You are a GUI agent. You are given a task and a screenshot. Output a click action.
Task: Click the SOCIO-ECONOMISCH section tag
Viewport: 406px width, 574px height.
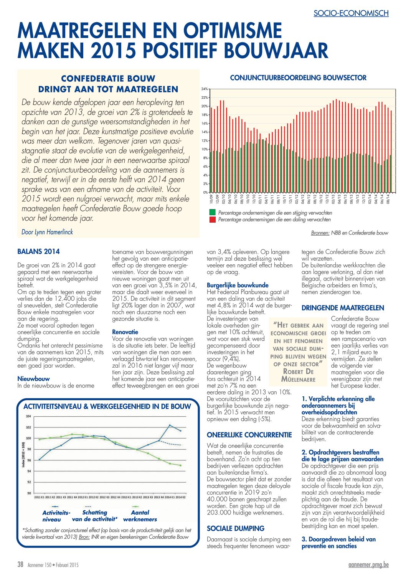(351, 13)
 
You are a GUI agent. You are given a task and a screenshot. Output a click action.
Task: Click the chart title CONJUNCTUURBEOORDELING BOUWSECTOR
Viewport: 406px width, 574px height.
(298, 78)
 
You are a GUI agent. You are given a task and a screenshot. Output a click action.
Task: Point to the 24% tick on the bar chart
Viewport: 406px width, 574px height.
(205, 89)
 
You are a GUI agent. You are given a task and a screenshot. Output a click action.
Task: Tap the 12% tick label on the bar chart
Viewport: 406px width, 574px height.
(205, 141)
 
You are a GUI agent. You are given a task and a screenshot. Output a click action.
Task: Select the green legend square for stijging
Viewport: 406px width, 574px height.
(213, 213)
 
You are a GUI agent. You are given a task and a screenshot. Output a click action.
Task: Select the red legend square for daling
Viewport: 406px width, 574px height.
(213, 219)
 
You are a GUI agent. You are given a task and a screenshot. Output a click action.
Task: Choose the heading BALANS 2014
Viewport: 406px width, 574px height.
(38, 251)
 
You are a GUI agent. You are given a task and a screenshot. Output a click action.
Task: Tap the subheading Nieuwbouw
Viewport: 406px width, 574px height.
(33, 379)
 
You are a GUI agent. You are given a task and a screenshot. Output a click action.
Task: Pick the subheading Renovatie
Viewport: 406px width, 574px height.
(125, 332)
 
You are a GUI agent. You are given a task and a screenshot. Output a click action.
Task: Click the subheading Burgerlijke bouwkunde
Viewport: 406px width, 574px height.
(238, 285)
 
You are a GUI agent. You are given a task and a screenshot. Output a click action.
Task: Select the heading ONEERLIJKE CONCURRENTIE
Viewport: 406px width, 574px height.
(249, 435)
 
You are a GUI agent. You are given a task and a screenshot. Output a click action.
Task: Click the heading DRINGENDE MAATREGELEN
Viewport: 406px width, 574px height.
(343, 308)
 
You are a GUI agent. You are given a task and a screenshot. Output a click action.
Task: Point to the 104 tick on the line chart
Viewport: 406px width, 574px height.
(28, 416)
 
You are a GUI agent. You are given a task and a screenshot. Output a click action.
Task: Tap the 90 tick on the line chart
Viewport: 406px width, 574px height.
(29, 493)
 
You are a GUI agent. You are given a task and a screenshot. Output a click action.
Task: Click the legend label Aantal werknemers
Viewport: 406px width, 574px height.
(140, 516)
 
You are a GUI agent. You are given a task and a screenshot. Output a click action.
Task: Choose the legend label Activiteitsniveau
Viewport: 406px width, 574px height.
(56, 516)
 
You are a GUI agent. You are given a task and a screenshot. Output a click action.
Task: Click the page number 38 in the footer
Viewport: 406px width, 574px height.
(20, 564)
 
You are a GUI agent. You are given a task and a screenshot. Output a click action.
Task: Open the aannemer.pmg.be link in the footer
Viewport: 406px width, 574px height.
(368, 564)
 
